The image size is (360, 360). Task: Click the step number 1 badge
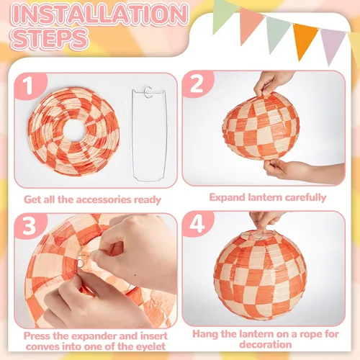pyautogui.click(x=30, y=86)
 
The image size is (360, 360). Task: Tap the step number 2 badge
pyautogui.click(x=197, y=84)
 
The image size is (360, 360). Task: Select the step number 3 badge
pyautogui.click(x=30, y=226)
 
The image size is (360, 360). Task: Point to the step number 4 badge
pyautogui.click(x=197, y=224)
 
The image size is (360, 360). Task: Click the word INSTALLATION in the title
pyautogui.click(x=99, y=14)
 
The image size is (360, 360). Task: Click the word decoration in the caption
pyautogui.click(x=266, y=345)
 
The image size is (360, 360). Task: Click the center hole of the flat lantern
pyautogui.click(x=75, y=130)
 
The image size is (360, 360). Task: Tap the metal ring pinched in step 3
pyautogui.click(x=81, y=262)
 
